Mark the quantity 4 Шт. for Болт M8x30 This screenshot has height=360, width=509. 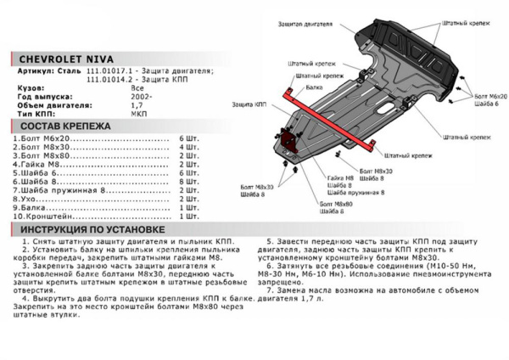pyautogui.click(x=188, y=147)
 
